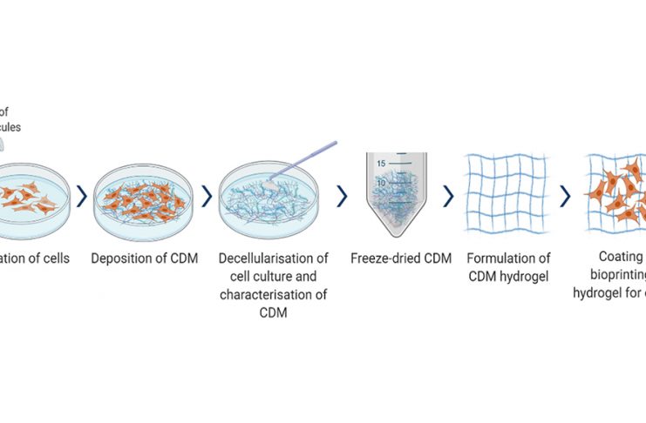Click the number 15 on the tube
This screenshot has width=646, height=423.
click(x=381, y=164)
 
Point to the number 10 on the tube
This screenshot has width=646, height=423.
click(x=381, y=183)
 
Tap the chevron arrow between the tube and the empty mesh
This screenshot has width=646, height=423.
click(x=448, y=197)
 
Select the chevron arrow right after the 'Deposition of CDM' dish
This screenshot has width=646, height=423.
click(x=207, y=197)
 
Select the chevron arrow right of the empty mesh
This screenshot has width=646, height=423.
click(x=565, y=197)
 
